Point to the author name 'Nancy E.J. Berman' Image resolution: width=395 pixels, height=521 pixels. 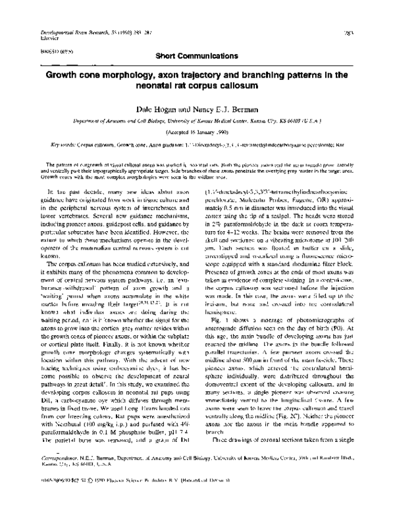(x=224, y=112)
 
